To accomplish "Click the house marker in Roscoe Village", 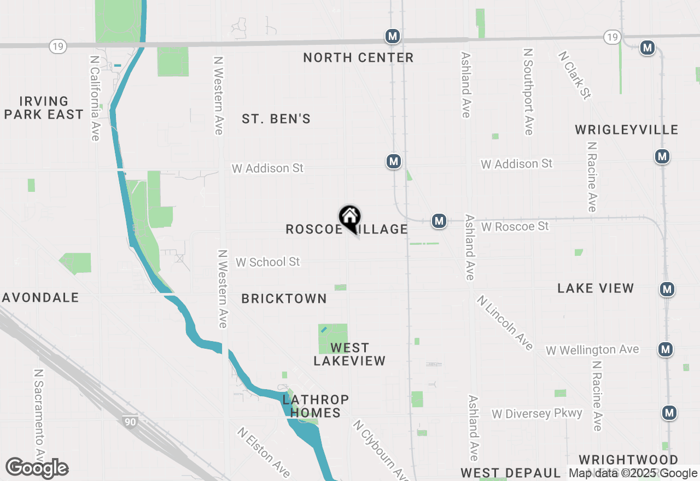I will [349, 218].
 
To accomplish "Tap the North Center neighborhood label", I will [358, 57].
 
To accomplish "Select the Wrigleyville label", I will [626, 130].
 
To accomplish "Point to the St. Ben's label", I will [276, 119].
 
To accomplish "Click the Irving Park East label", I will [44, 108].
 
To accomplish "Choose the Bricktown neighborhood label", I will [284, 298].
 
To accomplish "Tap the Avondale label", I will [41, 297].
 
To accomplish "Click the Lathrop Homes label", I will [316, 406].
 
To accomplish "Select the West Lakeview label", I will [349, 354].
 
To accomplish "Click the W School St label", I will [267, 262].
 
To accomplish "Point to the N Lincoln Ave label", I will [504, 322].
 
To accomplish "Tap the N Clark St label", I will [574, 75].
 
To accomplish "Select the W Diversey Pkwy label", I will [536, 413].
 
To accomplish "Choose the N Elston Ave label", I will [264, 451].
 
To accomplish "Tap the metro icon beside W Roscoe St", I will [439, 221].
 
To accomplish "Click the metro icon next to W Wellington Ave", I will [665, 349].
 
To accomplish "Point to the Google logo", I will [37, 468].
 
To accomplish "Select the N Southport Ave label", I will [528, 91].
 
